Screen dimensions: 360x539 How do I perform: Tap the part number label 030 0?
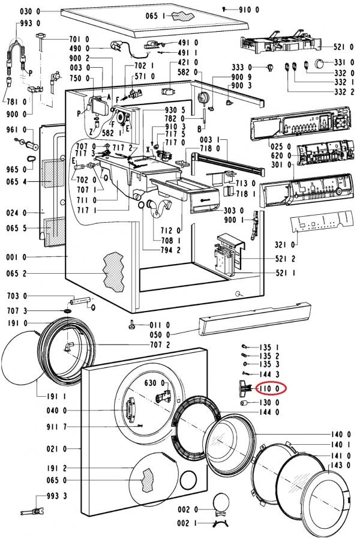click(30, 11)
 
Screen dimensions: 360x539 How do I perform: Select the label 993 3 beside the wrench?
click(56, 496)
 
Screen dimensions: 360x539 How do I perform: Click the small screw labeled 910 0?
click(224, 9)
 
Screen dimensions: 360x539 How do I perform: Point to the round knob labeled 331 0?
click(319, 63)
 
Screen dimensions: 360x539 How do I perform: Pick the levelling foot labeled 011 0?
click(132, 325)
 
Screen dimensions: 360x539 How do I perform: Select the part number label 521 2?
click(285, 259)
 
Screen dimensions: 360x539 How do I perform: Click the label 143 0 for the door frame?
click(340, 465)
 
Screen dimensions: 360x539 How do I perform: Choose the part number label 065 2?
click(16, 274)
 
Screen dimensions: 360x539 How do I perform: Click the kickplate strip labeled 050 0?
click(254, 319)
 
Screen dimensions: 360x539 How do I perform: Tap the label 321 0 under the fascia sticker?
click(285, 244)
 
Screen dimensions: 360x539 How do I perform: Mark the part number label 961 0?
click(16, 130)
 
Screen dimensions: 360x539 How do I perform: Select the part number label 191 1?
click(56, 396)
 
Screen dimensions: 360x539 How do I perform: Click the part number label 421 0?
click(188, 62)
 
